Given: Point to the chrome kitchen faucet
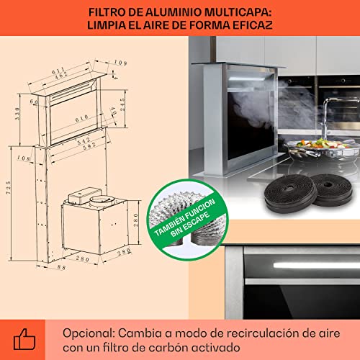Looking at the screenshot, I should point(328,120).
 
